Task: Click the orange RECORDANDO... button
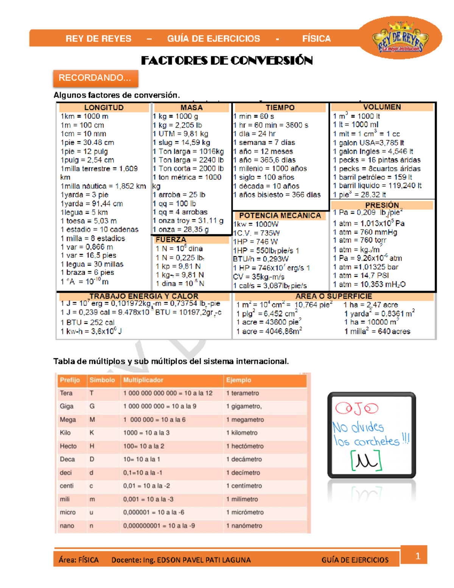[x=95, y=78]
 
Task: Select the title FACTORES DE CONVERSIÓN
[x=227, y=61]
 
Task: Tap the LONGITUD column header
[x=104, y=108]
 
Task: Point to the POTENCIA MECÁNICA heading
[x=280, y=215]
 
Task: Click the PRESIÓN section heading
[x=382, y=205]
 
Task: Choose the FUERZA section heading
[x=171, y=240]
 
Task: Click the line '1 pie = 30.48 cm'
[x=87, y=142]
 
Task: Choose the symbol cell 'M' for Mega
[x=92, y=420]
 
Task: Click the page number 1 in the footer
[x=418, y=556]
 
